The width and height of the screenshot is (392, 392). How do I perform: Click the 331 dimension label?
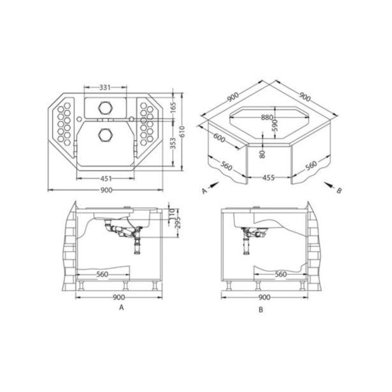pyautogui.click(x=105, y=87)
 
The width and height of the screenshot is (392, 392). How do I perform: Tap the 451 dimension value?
pyautogui.click(x=106, y=178)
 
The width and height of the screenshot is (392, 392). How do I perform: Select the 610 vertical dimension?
pyautogui.click(x=182, y=131)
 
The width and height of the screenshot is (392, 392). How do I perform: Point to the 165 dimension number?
pyautogui.click(x=173, y=108)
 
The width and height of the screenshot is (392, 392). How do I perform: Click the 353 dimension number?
pyautogui.click(x=173, y=143)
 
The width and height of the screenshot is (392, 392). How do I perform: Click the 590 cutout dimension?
pyautogui.click(x=275, y=126)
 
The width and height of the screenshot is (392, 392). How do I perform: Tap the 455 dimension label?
pyautogui.click(x=269, y=178)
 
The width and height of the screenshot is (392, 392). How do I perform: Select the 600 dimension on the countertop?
pyautogui.click(x=219, y=138)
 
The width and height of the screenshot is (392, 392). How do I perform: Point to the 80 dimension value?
pyautogui.click(x=262, y=154)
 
